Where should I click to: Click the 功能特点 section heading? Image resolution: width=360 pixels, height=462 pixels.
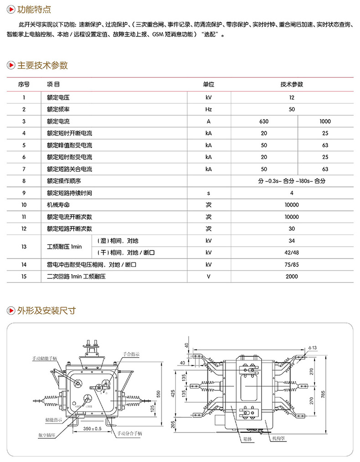(x=34, y=9)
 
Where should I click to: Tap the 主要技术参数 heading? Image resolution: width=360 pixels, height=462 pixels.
(x=42, y=65)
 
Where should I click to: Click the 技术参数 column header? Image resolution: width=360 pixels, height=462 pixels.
(x=292, y=84)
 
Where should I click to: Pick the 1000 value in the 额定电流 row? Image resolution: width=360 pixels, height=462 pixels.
(x=325, y=122)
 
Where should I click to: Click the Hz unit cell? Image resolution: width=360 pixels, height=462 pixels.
(x=209, y=109)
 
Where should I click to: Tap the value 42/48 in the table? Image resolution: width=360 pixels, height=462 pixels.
(x=292, y=252)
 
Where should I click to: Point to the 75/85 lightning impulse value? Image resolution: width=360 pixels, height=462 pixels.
(x=292, y=264)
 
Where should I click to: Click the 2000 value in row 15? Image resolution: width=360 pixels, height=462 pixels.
(x=292, y=276)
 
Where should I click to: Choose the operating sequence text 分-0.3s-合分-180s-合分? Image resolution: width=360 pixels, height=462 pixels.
(x=292, y=181)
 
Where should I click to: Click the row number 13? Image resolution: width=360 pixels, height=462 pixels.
(x=24, y=246)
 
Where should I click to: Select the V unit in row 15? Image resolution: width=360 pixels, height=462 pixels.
(x=209, y=276)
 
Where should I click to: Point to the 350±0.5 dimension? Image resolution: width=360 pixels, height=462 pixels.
(x=93, y=429)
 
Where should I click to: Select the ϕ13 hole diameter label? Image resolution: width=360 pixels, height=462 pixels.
(x=312, y=348)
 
